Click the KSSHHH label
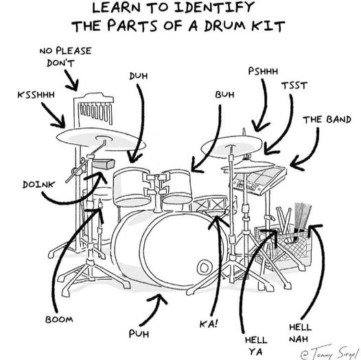pyautogui.click(x=36, y=95)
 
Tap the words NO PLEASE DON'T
pyautogui.click(x=66, y=57)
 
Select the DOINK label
pyautogui.click(x=38, y=184)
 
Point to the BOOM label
pyautogui.click(x=59, y=320)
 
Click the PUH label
pyautogui.click(x=139, y=333)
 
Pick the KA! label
pyautogui.click(x=209, y=324)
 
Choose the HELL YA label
pyautogui.click(x=256, y=346)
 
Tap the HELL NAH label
pyautogui.click(x=301, y=333)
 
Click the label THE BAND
pyautogui.click(x=327, y=119)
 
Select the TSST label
pyautogui.click(x=294, y=86)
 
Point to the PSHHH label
pyautogui.click(x=263, y=71)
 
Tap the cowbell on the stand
pyautogui.click(x=104, y=164)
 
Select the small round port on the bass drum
pyautogui.click(x=204, y=267)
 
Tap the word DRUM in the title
pyautogui.click(x=224, y=26)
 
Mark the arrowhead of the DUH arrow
pyautogui.click(x=134, y=158)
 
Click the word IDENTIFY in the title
pyautogui.click(x=214, y=8)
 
